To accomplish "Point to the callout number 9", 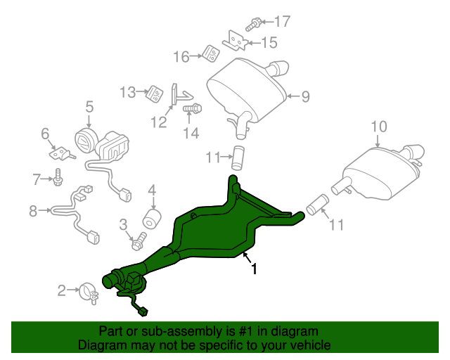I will point(305,97).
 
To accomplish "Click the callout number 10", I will point(379,127).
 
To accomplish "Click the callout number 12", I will point(157,123).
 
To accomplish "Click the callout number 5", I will point(89,107).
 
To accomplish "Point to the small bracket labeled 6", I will point(58,152).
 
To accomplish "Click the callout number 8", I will point(33,210).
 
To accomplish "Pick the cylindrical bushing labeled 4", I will point(150,217).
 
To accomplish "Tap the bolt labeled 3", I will point(137,243).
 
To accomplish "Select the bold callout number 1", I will point(254,269).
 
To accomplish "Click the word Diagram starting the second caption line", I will point(101,346).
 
